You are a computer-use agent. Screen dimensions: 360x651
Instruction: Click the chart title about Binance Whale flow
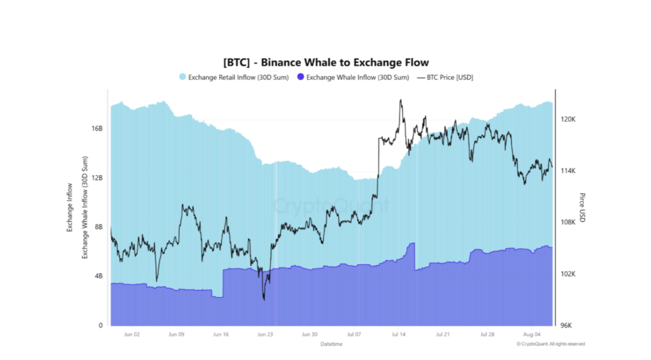click(x=325, y=62)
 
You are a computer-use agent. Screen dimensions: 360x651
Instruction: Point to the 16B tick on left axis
click(x=97, y=128)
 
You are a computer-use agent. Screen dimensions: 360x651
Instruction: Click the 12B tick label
click(x=97, y=177)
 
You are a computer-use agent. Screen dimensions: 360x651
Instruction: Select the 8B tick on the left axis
click(x=98, y=226)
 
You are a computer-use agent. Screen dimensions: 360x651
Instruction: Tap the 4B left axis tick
click(x=98, y=276)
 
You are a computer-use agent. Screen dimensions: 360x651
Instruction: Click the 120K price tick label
click(x=568, y=119)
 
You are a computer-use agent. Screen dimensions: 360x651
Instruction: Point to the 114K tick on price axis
click(x=568, y=170)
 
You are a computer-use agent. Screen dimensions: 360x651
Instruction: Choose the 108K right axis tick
click(x=568, y=222)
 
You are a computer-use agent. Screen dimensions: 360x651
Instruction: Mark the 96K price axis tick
click(x=566, y=325)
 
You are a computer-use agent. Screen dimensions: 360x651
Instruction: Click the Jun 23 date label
click(x=265, y=334)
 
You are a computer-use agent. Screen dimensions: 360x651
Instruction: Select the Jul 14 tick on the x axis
click(x=399, y=334)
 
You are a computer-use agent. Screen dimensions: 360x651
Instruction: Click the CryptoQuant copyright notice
click(x=551, y=344)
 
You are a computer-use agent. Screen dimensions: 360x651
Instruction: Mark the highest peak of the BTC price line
click(x=401, y=100)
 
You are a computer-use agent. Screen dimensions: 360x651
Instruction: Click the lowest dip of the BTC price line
click(x=264, y=300)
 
